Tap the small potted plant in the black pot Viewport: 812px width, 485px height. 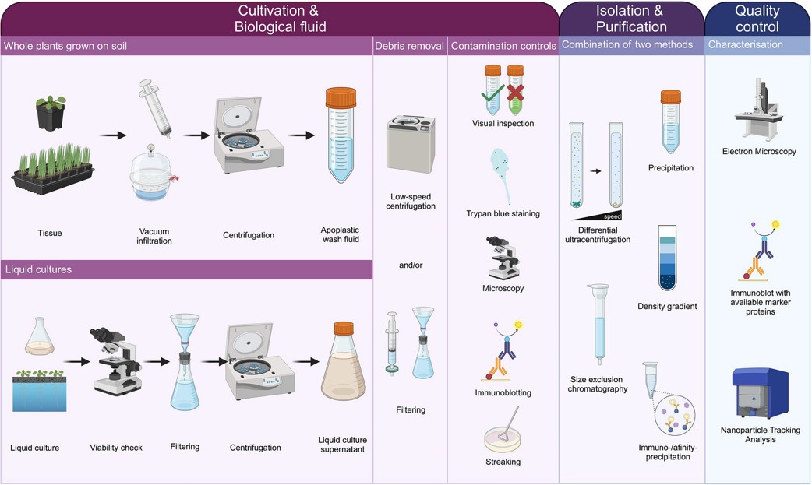point(50,112)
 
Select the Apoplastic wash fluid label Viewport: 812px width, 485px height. point(341,234)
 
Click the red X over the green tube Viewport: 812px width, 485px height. point(515,93)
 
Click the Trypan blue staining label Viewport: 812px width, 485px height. point(503,213)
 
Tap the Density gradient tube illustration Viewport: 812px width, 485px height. point(668,257)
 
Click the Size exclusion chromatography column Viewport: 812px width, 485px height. point(598,325)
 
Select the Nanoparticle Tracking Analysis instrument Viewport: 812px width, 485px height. point(760,393)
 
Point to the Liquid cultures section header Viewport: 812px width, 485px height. point(38,269)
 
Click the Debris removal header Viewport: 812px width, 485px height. point(409,46)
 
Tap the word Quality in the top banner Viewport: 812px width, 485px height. point(757,10)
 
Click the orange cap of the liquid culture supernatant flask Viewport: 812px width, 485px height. point(344,329)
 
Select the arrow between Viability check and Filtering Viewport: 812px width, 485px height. point(157,362)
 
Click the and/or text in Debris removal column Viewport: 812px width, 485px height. point(411,265)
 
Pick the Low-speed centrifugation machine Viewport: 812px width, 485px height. point(411,145)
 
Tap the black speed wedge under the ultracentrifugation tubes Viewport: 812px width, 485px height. point(597,216)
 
